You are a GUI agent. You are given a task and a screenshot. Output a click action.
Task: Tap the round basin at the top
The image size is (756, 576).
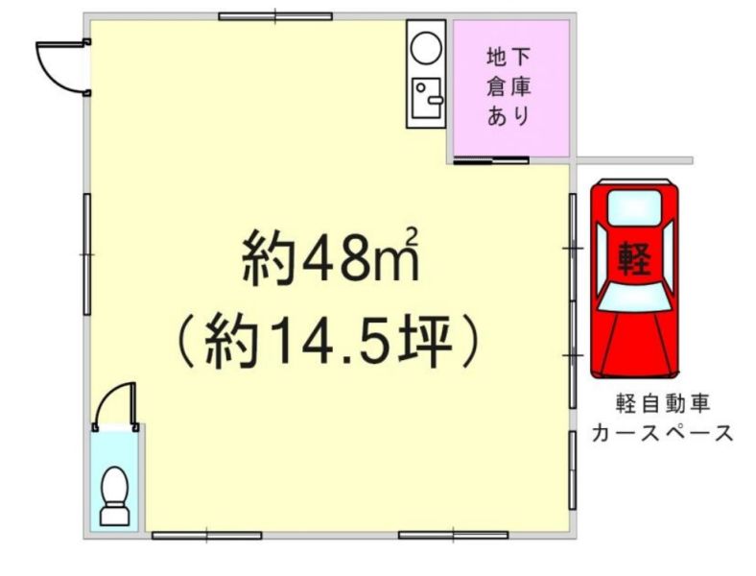426,48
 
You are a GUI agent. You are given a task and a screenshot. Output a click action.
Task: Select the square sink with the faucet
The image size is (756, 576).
427,98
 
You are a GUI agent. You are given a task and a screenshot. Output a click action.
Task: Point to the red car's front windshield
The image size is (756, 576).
634,297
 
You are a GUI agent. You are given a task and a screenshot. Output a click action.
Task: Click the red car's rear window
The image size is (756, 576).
634,207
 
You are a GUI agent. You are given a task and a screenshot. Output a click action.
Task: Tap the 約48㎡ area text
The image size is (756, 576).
330,254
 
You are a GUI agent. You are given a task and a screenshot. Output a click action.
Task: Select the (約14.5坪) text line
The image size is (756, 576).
329,341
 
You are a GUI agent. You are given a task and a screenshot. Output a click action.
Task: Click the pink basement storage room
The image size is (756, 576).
511,87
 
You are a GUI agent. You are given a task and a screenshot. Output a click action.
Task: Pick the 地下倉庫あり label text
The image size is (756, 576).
509,86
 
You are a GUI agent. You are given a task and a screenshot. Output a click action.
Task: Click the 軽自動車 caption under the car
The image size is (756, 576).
663,403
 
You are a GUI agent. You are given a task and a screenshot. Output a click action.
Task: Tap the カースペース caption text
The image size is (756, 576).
662,433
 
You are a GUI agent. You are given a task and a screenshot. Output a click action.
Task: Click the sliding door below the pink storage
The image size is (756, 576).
491,160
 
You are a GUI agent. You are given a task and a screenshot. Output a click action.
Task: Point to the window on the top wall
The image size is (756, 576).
275,16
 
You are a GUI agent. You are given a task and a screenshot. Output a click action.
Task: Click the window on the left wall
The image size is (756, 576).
87,254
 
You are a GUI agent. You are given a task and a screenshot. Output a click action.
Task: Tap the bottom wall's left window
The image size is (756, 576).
207,536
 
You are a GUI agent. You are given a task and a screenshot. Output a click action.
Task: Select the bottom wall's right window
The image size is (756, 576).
453,536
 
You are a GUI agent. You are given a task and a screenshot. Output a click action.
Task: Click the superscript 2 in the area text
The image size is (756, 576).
413,235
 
